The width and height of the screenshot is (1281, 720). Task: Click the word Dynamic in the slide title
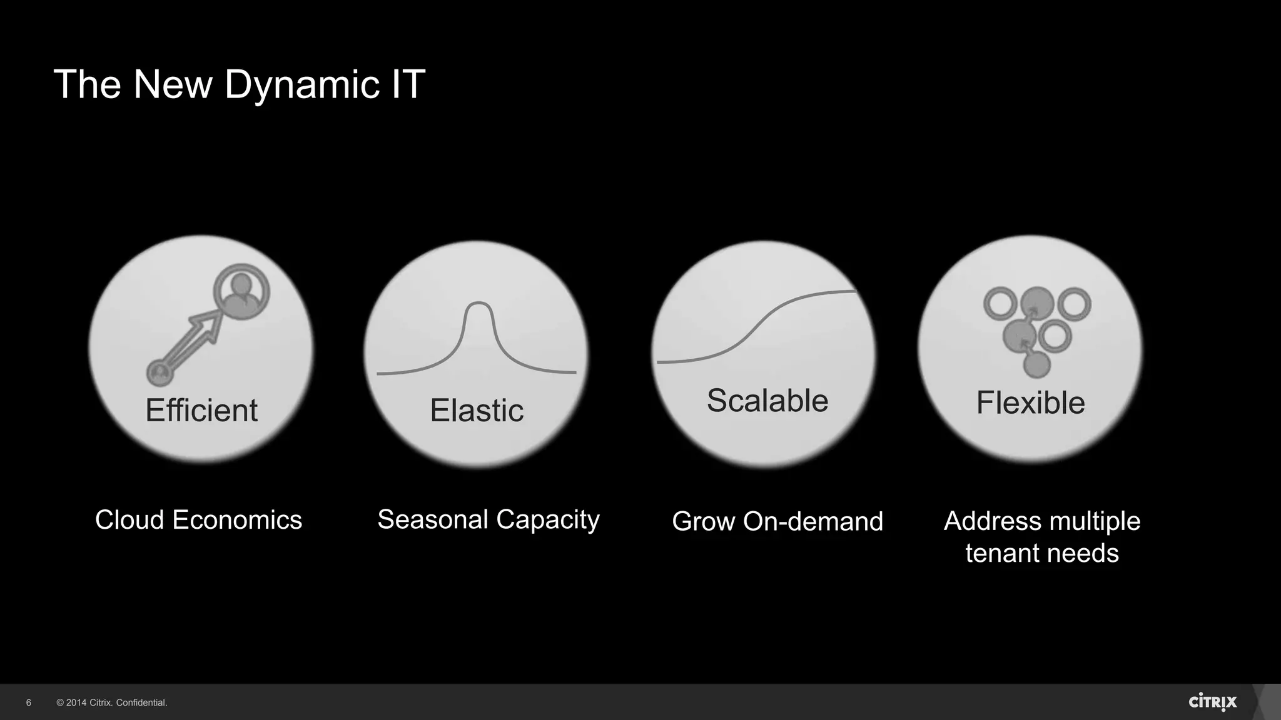click(301, 84)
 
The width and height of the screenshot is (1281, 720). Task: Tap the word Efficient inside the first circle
click(201, 411)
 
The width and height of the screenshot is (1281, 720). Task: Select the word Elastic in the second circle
click(477, 411)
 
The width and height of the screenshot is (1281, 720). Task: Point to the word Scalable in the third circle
click(767, 401)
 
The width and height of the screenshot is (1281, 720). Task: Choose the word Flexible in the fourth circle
click(1030, 402)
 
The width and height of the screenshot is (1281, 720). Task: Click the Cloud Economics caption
click(198, 520)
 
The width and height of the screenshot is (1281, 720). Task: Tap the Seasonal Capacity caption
click(489, 520)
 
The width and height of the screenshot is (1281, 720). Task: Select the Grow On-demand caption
click(777, 521)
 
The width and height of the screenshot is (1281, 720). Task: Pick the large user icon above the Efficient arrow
click(241, 291)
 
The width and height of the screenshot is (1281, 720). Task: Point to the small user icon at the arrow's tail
click(159, 373)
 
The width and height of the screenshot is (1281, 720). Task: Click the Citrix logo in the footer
click(1212, 702)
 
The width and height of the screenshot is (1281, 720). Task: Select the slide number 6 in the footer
click(29, 703)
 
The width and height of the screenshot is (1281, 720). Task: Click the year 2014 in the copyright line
click(76, 703)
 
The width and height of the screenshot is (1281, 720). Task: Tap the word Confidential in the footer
click(141, 703)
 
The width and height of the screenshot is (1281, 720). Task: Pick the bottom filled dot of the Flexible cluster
click(1036, 364)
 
